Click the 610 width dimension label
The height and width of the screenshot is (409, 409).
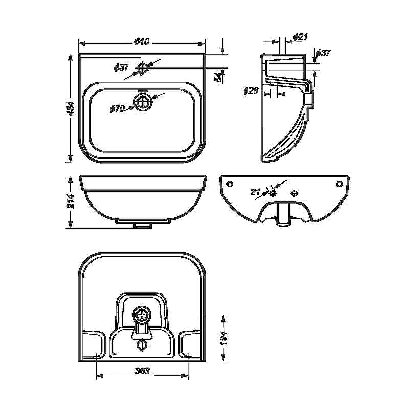[142, 42]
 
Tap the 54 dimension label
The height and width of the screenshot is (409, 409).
[219, 77]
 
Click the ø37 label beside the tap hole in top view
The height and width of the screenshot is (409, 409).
[122, 67]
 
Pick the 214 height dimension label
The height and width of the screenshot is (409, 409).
[71, 201]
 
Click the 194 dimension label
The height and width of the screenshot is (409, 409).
[224, 338]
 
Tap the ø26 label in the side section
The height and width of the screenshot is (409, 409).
[251, 90]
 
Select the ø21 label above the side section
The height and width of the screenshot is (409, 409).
[300, 37]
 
